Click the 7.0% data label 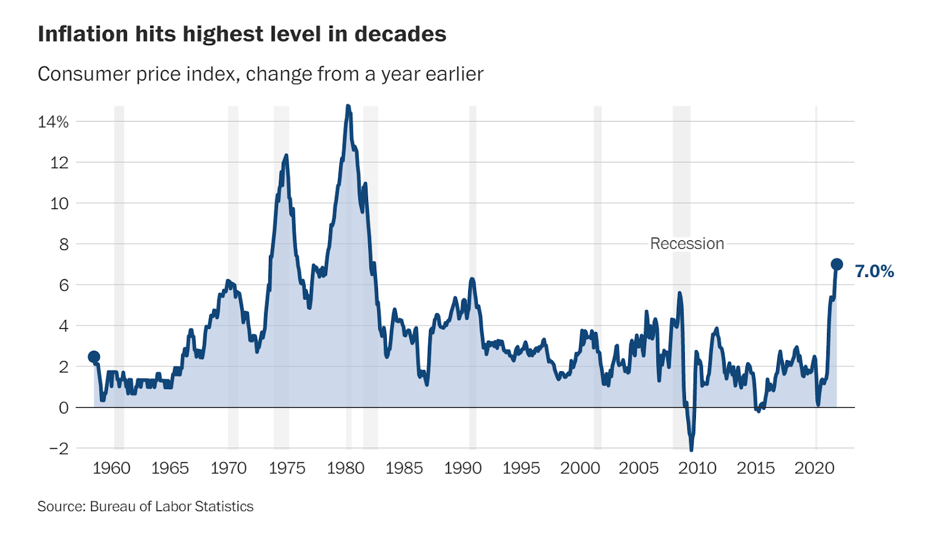(x=874, y=271)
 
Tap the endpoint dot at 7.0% (x=836, y=264)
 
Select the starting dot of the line (x=93, y=356)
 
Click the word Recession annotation (x=687, y=244)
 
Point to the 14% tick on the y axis (x=53, y=122)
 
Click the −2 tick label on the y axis (x=58, y=448)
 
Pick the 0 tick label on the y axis (x=64, y=408)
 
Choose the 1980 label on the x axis (x=345, y=468)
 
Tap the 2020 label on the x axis (x=814, y=468)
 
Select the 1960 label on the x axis (x=111, y=468)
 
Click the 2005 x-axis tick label (x=638, y=468)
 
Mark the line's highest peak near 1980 (x=348, y=106)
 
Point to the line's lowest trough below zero (x=691, y=449)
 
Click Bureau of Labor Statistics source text (x=171, y=506)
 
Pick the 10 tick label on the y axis (x=59, y=203)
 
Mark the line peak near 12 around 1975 (x=286, y=156)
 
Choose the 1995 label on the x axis (x=521, y=468)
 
